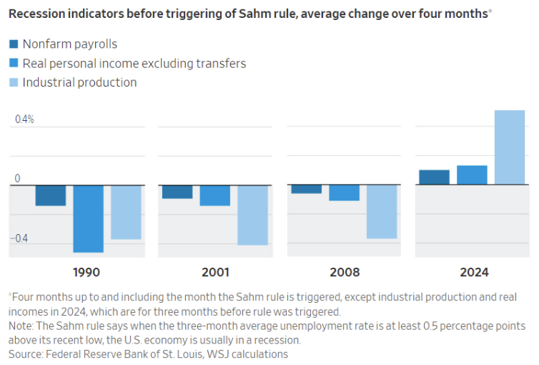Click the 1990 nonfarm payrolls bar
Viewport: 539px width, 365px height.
click(x=51, y=195)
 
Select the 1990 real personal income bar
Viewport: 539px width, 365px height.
click(x=89, y=218)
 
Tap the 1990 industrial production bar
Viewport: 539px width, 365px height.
click(x=126, y=212)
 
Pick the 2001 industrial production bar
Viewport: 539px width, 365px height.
click(x=253, y=215)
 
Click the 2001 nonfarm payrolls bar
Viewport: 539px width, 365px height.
click(x=177, y=192)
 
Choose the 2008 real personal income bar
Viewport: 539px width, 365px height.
click(x=345, y=193)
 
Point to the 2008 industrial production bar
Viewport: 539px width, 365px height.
click(x=382, y=211)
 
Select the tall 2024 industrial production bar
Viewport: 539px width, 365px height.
click(x=510, y=147)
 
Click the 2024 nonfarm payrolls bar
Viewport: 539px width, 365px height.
click(x=434, y=177)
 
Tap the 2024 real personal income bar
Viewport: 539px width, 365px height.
click(x=472, y=175)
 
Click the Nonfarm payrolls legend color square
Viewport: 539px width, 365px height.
click(x=14, y=44)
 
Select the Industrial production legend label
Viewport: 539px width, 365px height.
click(x=79, y=82)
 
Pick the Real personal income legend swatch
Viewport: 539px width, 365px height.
click(x=14, y=64)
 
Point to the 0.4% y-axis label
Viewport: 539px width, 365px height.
click(x=25, y=120)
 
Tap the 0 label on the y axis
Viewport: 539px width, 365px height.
click(x=19, y=178)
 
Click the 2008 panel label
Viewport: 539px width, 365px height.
click(x=345, y=273)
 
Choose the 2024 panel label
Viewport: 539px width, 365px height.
click(x=474, y=273)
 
